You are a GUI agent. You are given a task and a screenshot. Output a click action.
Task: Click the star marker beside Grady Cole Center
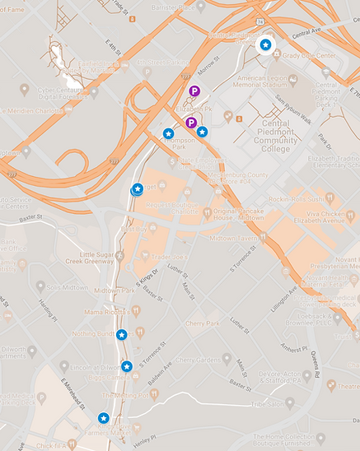point(265,44)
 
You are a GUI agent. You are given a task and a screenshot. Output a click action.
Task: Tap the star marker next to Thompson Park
point(168,133)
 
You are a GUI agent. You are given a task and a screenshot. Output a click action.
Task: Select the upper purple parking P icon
point(194,91)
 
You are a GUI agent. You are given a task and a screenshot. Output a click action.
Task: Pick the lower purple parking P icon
point(190,123)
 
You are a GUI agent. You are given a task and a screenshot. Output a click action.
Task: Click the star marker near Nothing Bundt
point(121,334)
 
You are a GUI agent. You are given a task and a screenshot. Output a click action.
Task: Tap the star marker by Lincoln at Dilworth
point(126,366)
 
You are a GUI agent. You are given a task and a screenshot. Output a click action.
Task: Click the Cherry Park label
point(203,323)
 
